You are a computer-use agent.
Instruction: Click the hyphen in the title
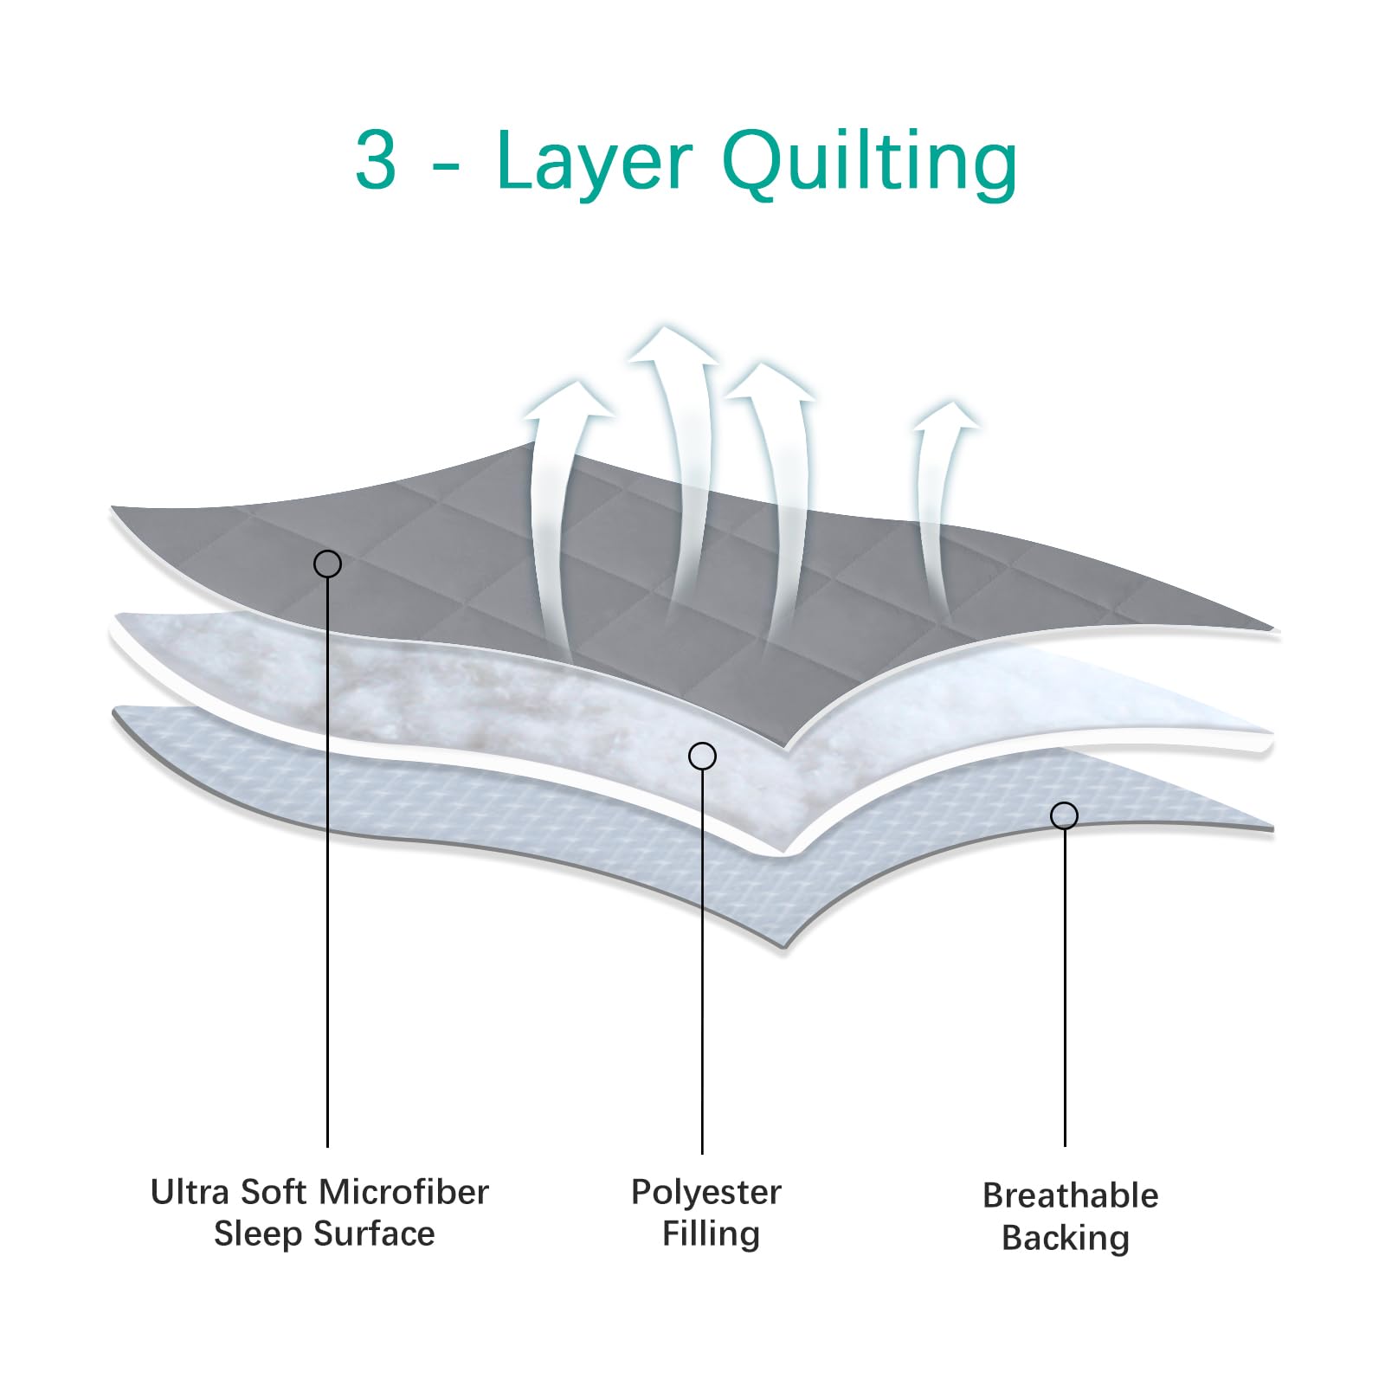pos(445,164)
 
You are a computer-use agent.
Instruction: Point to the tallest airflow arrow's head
pos(672,346)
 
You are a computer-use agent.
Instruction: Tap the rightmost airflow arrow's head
pos(947,416)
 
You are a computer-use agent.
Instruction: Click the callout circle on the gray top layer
pos(327,564)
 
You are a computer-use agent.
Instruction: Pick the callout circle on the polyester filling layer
pos(702,756)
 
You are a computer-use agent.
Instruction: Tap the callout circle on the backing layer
pos(1064,815)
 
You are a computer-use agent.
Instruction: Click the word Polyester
pos(705,1193)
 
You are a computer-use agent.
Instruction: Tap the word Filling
pos(711,1234)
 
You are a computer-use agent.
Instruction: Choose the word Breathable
pos(1070,1195)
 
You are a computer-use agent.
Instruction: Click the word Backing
pos(1065,1238)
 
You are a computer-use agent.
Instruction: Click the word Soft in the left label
pos(274,1192)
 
